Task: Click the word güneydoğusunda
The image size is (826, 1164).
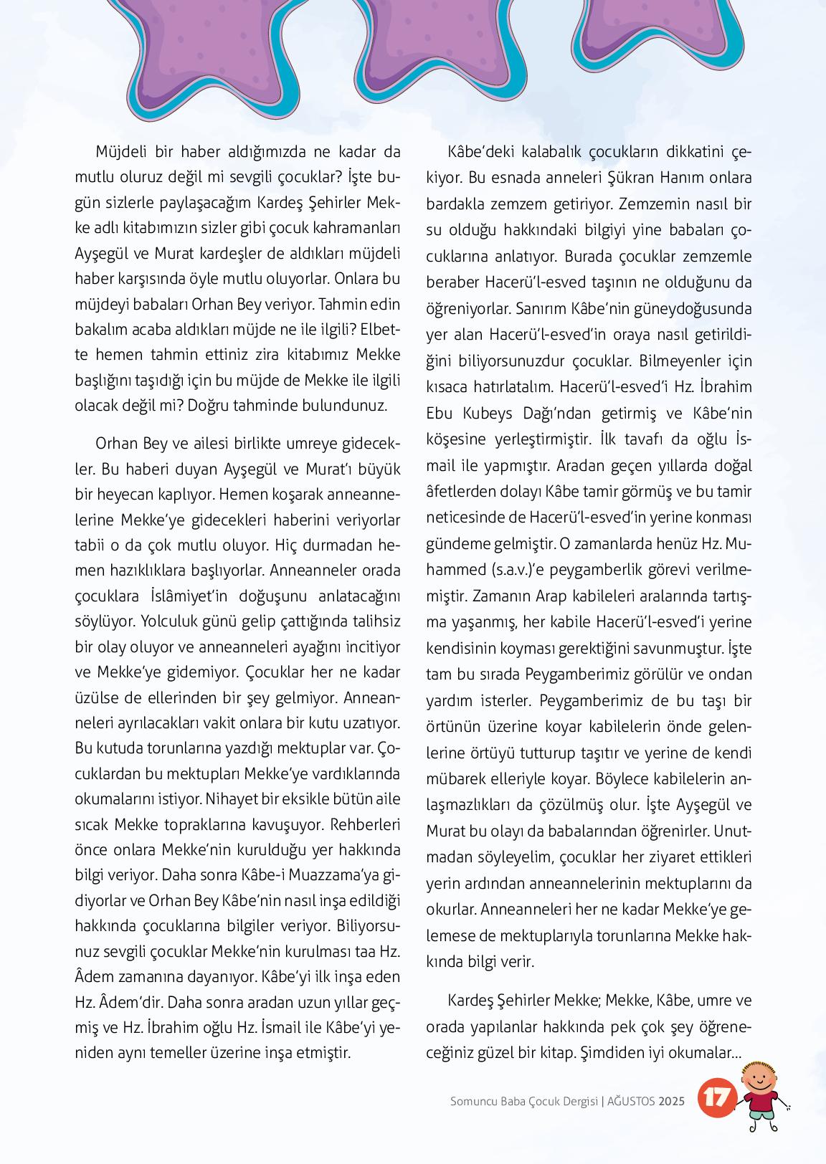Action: tap(696, 309)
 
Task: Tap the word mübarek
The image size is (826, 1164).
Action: tap(457, 779)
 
